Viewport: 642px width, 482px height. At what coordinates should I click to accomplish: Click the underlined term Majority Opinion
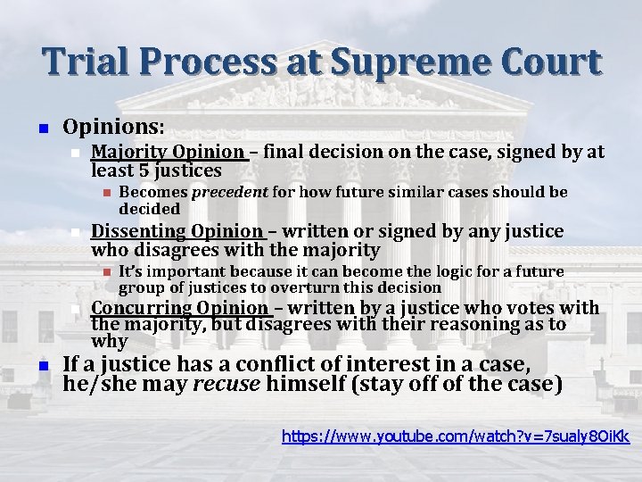(168, 152)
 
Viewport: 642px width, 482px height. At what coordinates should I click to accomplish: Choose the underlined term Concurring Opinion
(180, 309)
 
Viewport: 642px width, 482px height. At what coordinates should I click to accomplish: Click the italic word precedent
(214, 192)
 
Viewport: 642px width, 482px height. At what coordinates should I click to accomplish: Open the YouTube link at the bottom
(455, 438)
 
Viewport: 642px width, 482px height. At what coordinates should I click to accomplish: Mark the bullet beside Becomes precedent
(104, 193)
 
